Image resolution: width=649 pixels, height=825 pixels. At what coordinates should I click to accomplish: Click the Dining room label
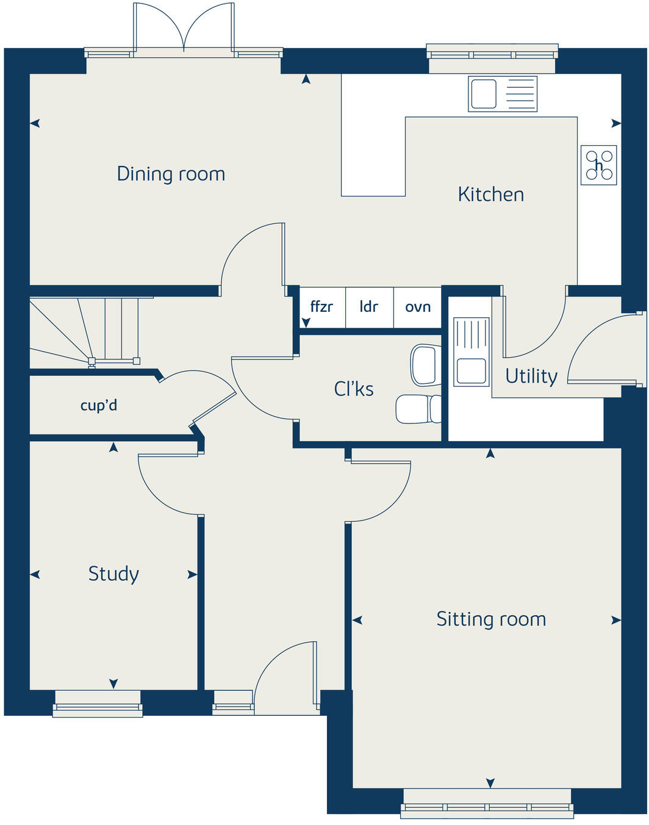tap(171, 175)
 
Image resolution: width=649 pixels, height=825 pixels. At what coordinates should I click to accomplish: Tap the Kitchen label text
tap(490, 195)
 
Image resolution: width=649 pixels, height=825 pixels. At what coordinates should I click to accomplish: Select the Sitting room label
tap(491, 619)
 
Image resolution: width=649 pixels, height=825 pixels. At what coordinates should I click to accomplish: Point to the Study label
tap(113, 574)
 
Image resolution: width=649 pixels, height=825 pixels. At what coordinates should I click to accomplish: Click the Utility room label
tap(531, 376)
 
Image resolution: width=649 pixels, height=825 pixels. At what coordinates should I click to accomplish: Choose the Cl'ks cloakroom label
tap(354, 389)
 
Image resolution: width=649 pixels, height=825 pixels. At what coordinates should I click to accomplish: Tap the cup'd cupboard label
tap(99, 405)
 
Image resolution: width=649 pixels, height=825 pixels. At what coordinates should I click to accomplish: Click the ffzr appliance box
tap(321, 307)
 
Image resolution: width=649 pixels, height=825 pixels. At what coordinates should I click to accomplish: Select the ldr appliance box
tap(369, 307)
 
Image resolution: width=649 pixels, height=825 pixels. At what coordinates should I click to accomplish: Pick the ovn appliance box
tap(418, 307)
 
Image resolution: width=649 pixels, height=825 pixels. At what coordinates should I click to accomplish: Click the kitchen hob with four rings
tap(598, 165)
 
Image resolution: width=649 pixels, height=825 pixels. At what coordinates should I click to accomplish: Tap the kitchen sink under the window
tap(503, 94)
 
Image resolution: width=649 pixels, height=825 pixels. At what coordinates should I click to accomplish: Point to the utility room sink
tap(471, 352)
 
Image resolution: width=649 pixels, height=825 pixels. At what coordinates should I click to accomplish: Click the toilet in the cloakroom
tap(418, 409)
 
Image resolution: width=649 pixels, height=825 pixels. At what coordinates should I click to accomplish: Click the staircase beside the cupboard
tap(85, 332)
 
